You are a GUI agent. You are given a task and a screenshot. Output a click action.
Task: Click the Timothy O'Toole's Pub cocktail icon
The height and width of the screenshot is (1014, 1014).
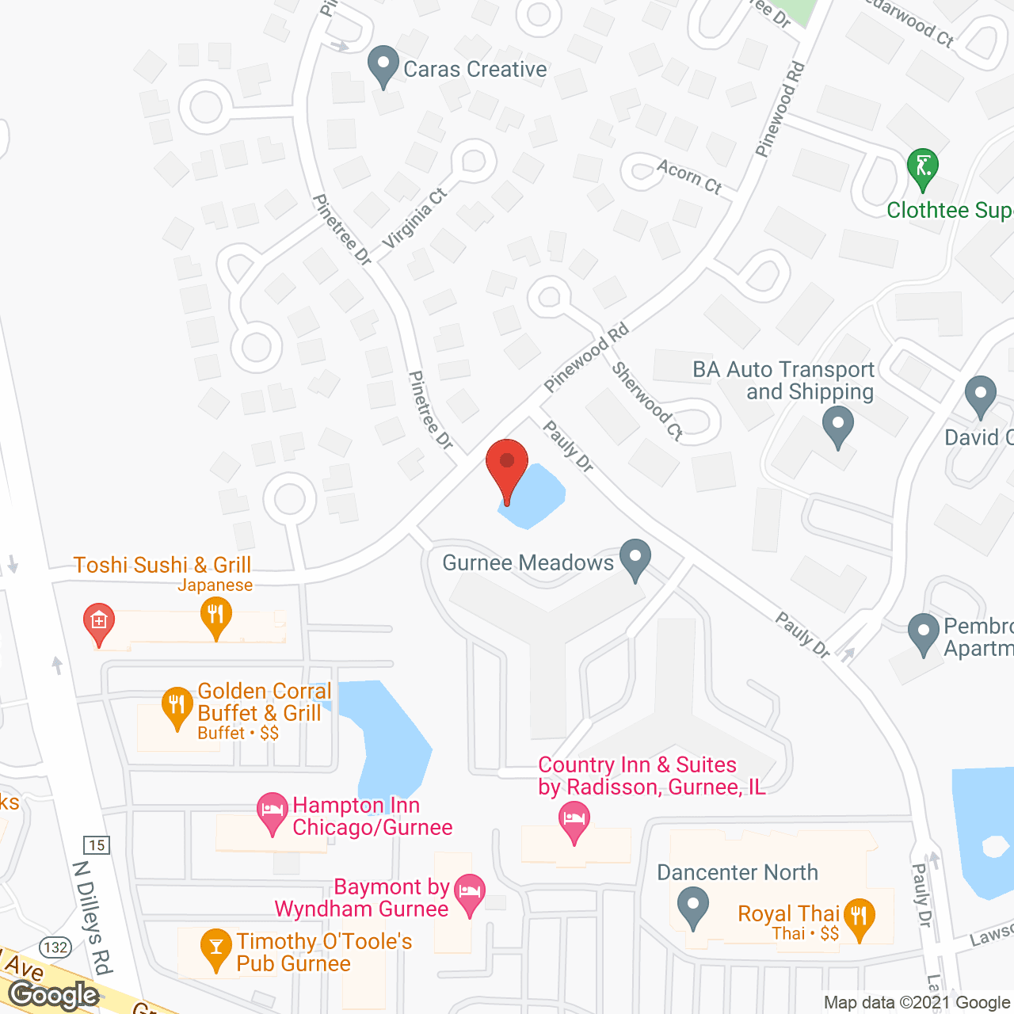(215, 948)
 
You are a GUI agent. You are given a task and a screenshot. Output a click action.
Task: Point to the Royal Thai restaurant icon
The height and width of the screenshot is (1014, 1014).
(859, 919)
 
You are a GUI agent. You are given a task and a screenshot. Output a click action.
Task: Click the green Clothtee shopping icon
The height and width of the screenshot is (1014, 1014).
(922, 168)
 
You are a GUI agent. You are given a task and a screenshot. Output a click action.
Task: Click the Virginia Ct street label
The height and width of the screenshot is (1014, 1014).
(414, 219)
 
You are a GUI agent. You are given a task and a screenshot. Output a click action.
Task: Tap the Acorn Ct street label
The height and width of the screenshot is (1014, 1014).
(689, 176)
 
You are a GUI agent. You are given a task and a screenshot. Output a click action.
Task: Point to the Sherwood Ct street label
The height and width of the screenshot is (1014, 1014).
(647, 400)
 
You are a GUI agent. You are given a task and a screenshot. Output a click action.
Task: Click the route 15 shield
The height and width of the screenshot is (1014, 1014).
(97, 845)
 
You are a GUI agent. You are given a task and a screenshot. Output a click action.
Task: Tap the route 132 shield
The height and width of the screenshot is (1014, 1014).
(55, 947)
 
